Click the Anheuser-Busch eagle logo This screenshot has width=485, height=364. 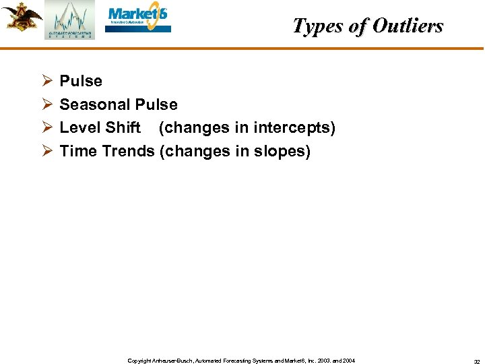(x=22, y=16)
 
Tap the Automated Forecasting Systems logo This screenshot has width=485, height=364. (x=70, y=20)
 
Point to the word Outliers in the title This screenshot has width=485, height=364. (x=408, y=26)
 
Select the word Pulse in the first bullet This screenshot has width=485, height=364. (x=81, y=82)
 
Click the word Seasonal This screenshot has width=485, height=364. (x=95, y=104)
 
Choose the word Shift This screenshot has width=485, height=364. (x=123, y=127)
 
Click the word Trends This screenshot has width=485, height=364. (x=128, y=151)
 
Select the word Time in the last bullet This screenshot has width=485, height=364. (x=78, y=151)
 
